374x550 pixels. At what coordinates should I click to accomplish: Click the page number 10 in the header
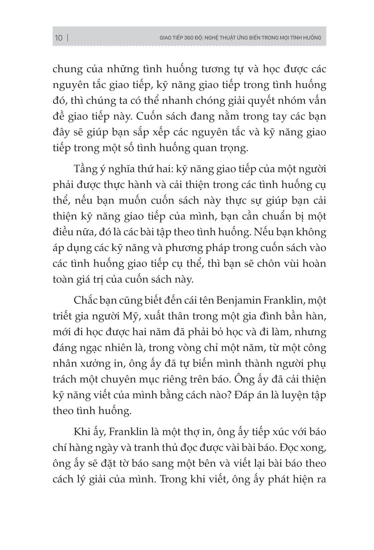[x=58, y=38]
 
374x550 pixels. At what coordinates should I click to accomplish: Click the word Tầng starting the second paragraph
[x=86, y=169]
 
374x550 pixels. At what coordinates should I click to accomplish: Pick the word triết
[x=63, y=316]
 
